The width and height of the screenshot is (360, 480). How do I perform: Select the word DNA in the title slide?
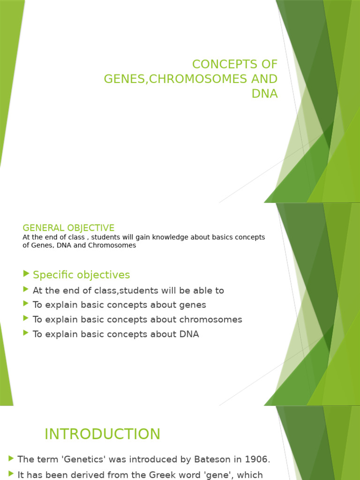pyautogui.click(x=264, y=93)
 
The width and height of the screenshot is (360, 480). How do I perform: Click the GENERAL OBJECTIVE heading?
pyautogui.click(x=68, y=228)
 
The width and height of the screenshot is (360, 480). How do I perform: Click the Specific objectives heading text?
pyautogui.click(x=82, y=275)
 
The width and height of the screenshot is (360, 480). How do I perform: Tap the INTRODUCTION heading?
pyautogui.click(x=102, y=434)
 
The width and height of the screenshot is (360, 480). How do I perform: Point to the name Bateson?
pyautogui.click(x=205, y=459)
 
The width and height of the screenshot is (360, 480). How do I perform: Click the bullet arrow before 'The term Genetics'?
pyautogui.click(x=11, y=458)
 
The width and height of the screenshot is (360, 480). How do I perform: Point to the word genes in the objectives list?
pyautogui.click(x=192, y=305)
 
